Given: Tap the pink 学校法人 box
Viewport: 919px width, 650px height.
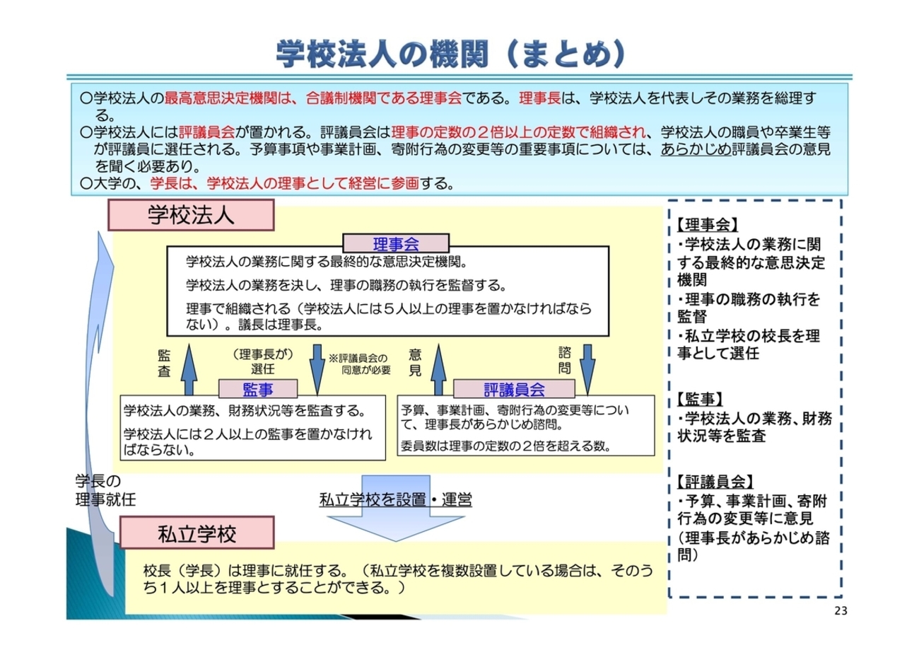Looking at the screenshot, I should [x=190, y=214].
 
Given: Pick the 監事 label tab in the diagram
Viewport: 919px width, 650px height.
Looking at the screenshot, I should [x=258, y=388].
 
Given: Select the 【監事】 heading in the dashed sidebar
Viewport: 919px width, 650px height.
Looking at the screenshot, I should [x=699, y=399].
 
